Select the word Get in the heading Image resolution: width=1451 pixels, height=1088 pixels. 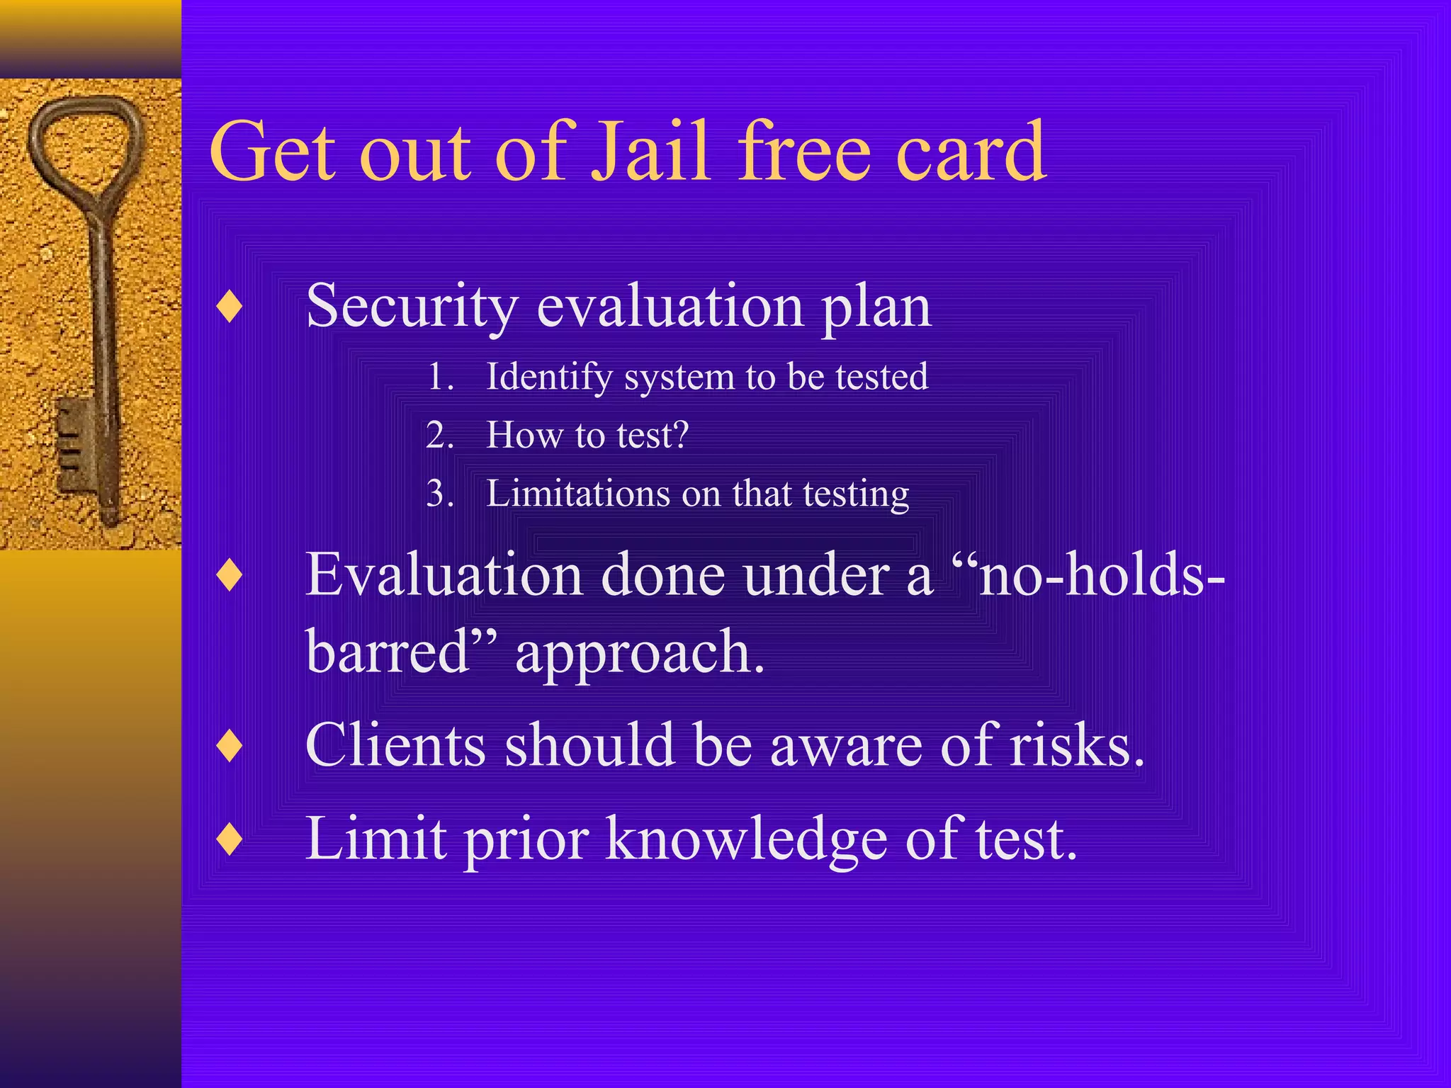coord(273,151)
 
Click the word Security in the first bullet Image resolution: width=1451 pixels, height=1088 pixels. coord(412,307)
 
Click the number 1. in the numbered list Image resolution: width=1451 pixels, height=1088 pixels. coord(440,376)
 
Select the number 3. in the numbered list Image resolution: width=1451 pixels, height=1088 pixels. coord(440,493)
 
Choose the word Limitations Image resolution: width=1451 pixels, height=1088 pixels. coord(577,493)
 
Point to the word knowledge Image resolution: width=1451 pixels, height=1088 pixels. coord(746,839)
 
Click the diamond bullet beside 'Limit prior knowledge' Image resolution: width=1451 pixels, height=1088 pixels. coord(230,839)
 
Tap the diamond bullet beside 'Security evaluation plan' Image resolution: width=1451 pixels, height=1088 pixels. coord(230,307)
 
